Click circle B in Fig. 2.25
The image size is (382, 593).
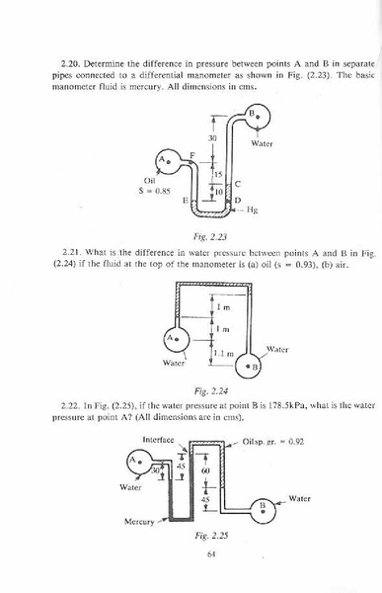[264, 508]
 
